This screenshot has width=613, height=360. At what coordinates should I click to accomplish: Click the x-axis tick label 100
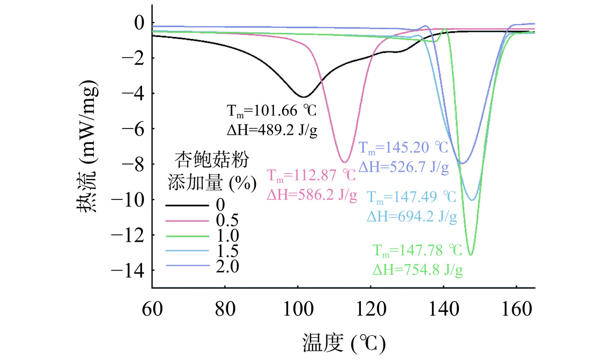pos(297,308)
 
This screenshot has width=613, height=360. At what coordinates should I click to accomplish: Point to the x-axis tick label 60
pos(152,308)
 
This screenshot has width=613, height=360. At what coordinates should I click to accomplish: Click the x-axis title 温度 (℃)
pos(343,343)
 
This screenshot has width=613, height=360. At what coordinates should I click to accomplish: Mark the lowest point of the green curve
pos(470,254)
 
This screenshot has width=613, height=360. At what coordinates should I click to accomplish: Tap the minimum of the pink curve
pos(344,162)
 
